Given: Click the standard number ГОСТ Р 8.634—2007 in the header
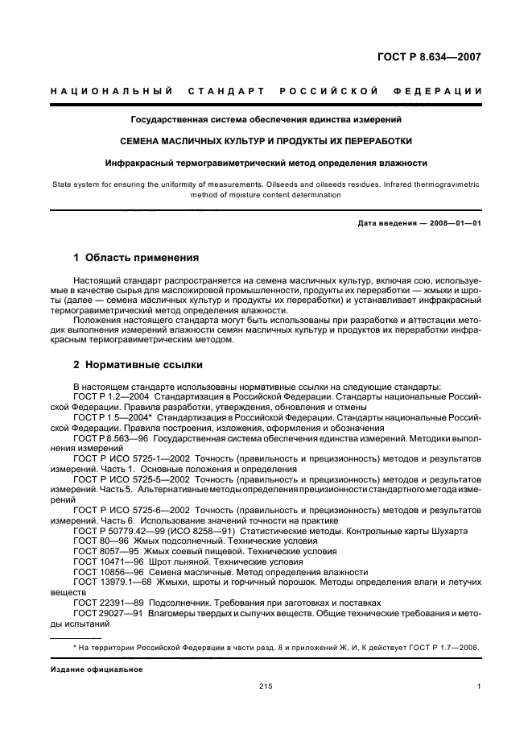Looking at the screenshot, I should (429, 57).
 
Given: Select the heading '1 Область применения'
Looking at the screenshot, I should (136, 259).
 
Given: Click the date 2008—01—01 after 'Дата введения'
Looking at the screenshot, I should (452, 223).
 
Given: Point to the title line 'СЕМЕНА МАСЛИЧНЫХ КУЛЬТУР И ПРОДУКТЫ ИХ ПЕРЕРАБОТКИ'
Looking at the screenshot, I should (266, 141).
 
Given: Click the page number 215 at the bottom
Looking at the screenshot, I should (266, 686).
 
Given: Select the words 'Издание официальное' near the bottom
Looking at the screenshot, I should (97, 669).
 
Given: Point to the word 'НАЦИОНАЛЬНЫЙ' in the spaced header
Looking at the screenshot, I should (109, 91).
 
